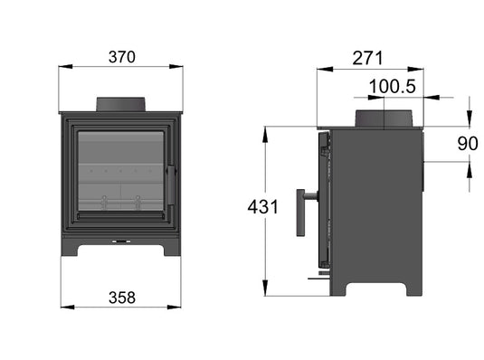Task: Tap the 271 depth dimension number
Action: (x=368, y=58)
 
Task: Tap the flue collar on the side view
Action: (x=384, y=118)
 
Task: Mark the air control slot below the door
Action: (x=119, y=242)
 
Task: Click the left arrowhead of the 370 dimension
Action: (x=63, y=67)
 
